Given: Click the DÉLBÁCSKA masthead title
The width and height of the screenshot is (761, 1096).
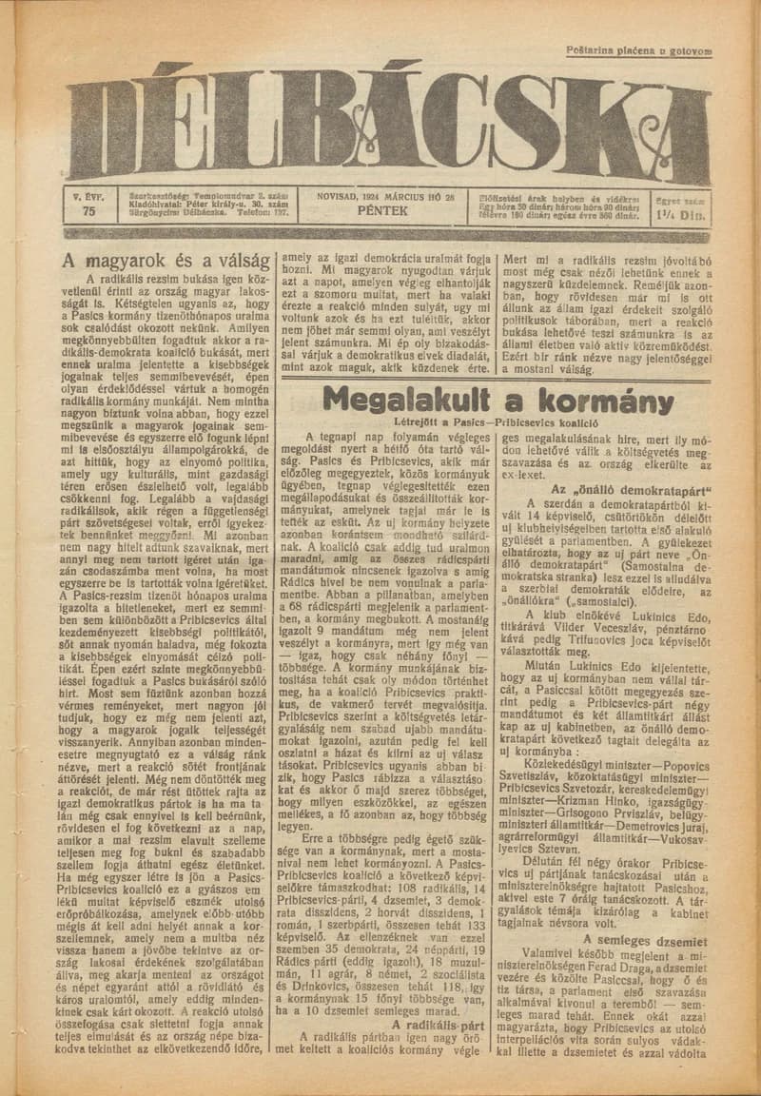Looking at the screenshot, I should coord(388,128).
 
